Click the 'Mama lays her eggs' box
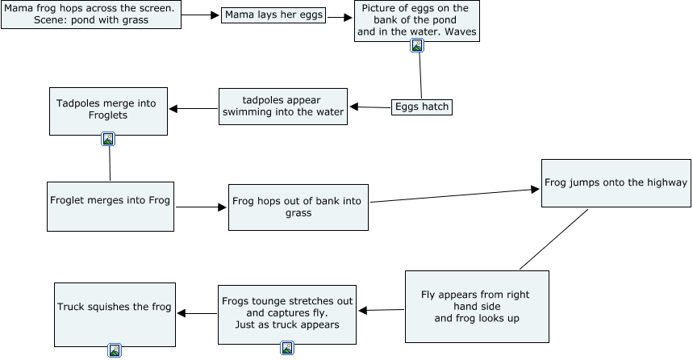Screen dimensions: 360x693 [x=273, y=15]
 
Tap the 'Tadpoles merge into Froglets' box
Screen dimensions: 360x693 [x=108, y=111]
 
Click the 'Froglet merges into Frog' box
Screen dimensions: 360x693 [x=111, y=207]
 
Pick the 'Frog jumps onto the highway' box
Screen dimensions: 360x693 [x=616, y=183]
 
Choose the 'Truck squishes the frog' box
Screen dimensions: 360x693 [x=115, y=314]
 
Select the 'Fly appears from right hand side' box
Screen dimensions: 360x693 [x=476, y=307]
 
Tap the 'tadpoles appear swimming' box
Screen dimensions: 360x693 [x=282, y=107]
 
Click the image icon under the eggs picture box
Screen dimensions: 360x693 [x=417, y=46]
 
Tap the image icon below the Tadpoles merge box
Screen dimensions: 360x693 [x=108, y=139]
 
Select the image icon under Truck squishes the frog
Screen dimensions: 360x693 [x=115, y=350]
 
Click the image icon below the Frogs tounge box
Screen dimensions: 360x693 [x=287, y=348]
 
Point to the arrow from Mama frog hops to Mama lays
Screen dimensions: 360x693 [x=202, y=15]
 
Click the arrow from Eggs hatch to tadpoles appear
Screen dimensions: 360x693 [x=369, y=107]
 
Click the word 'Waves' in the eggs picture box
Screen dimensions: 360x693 [x=460, y=33]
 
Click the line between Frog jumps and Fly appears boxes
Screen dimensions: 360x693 [x=553, y=239]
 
